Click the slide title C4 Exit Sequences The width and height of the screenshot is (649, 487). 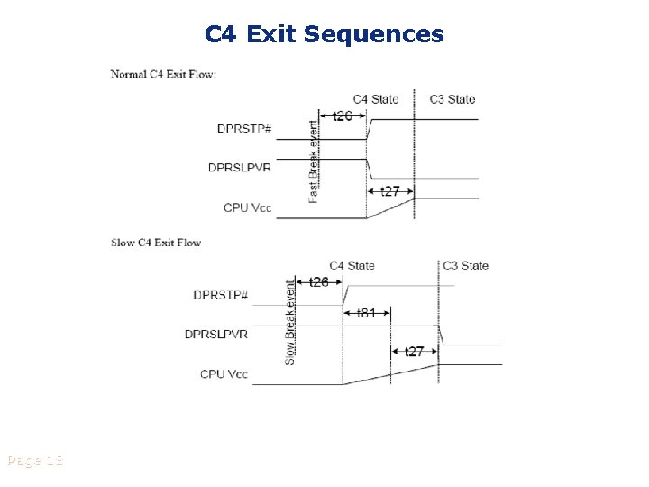pos(324,34)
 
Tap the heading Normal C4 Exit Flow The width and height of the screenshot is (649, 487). pos(163,74)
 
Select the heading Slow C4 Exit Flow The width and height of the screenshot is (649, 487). pos(156,243)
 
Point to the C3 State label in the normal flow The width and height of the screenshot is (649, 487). pos(452,99)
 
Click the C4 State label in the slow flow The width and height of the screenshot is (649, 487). pos(352,265)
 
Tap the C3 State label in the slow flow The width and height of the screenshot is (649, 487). pos(466,265)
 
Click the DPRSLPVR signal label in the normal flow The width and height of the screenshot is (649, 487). pos(240,167)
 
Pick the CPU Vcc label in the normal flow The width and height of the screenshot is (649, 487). pos(248,207)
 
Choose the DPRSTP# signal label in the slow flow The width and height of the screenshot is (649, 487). pos(221,295)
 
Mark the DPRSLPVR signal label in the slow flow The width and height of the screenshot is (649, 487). pos(216,334)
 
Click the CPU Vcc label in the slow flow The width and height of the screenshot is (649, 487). pos(224,373)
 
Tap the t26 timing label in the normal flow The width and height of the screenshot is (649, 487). pos(343,116)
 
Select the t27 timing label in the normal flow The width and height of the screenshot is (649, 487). pos(390,191)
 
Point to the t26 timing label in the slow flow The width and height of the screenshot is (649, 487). pos(319,282)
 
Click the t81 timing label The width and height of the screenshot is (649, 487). pos(366,313)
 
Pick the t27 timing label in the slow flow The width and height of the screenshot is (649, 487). pos(415,351)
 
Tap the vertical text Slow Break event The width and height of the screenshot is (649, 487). pos(290,322)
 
